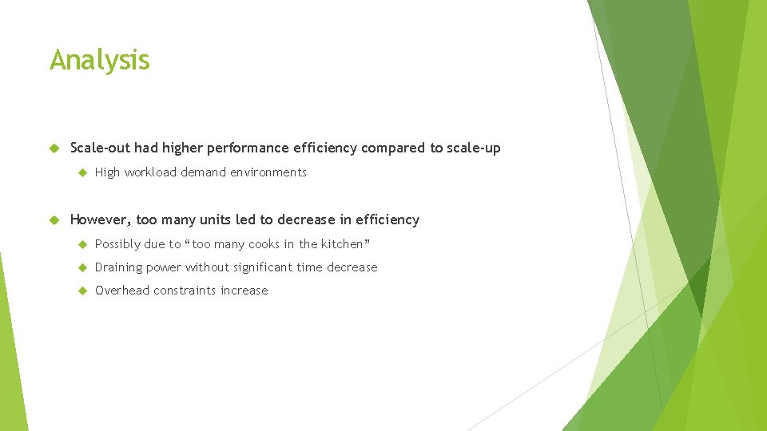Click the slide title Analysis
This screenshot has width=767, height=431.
point(99,60)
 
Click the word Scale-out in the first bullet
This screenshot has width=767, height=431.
point(100,148)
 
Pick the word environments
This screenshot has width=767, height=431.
point(267,172)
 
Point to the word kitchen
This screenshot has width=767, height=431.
point(342,244)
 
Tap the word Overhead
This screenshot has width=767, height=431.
point(122,291)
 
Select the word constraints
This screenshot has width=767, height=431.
point(188,291)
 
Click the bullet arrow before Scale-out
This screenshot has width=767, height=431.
point(54,148)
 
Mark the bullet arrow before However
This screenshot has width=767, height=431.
point(54,220)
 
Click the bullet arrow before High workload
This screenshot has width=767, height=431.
point(81,172)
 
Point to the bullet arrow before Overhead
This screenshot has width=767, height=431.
point(81,291)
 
